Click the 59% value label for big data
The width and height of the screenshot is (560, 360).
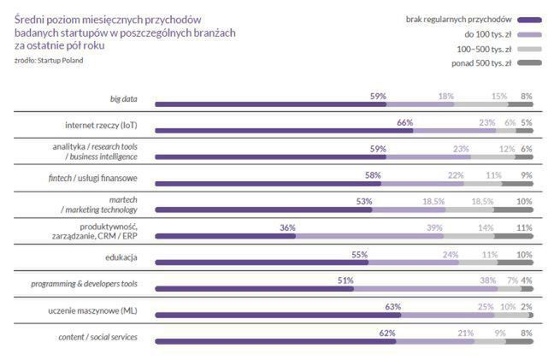(x=378, y=96)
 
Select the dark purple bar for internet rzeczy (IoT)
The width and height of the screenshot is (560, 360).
(x=281, y=132)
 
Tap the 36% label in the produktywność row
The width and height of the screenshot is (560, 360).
(x=287, y=227)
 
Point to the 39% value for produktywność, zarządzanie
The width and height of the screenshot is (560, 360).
(x=434, y=227)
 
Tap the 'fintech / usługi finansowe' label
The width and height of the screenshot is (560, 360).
(x=94, y=178)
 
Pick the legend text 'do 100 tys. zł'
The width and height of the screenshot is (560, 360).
(x=487, y=33)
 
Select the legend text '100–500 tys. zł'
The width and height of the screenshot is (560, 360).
(x=484, y=48)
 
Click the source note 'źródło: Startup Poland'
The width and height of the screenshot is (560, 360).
(x=50, y=60)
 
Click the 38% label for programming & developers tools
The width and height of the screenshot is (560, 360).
(x=488, y=280)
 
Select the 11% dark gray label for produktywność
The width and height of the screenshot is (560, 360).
(x=524, y=227)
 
